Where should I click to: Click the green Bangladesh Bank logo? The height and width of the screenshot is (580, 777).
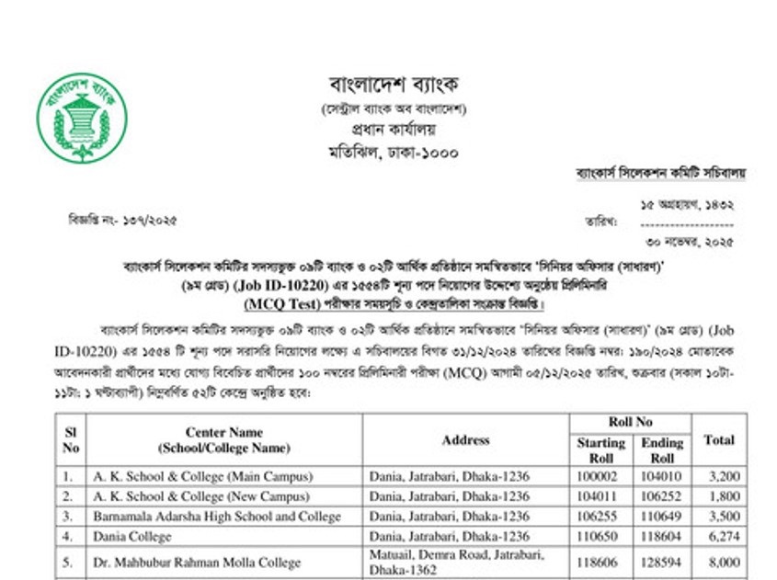(x=82, y=118)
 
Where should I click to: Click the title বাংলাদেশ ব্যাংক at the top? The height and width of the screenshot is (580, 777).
(x=394, y=85)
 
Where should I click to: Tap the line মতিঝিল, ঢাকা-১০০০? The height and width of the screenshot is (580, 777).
(x=394, y=152)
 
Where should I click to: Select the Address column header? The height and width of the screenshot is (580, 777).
(x=465, y=439)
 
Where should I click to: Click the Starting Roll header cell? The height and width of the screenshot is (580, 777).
(x=600, y=450)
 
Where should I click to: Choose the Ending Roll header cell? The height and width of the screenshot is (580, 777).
(x=662, y=450)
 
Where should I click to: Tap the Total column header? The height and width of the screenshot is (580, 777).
(x=718, y=439)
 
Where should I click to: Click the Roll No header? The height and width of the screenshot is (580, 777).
(x=631, y=422)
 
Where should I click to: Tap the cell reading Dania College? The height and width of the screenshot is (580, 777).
(x=131, y=536)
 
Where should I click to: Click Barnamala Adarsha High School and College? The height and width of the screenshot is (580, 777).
(x=216, y=517)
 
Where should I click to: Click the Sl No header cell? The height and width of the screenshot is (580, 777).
(x=70, y=439)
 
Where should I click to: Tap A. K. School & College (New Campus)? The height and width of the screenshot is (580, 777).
(x=201, y=496)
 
